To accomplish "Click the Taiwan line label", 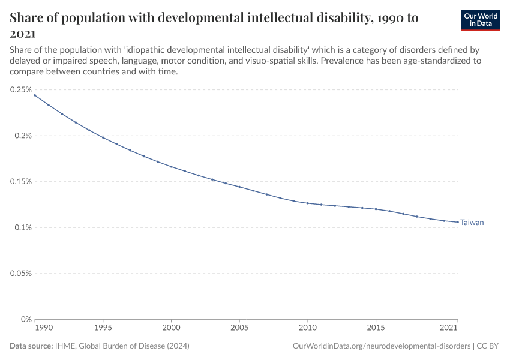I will (472, 223).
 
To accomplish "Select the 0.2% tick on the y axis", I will (22, 136).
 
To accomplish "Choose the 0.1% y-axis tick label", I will (22, 227).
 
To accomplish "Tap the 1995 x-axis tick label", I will (103, 328).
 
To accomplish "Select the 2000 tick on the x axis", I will (172, 328).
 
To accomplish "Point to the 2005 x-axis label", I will (239, 328).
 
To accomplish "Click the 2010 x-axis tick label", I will (308, 328).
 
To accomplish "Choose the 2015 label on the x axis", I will (376, 328).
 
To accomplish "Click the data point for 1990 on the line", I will (35, 95).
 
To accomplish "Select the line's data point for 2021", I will (458, 222).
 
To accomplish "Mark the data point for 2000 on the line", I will (172, 167).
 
